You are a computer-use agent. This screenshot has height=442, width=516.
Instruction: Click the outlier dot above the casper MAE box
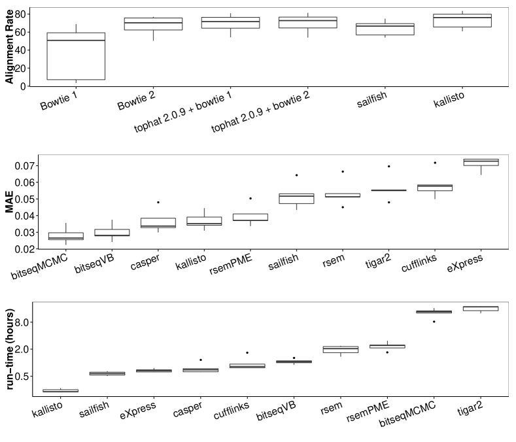point(158,202)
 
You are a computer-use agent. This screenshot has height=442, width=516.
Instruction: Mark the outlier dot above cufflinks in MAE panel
point(435,163)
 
